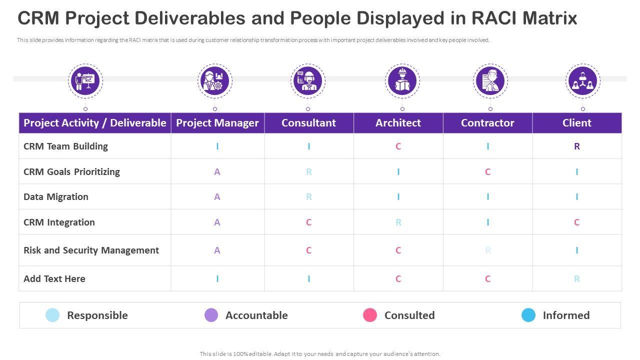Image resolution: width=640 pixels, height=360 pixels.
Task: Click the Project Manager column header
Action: pyautogui.click(x=217, y=123)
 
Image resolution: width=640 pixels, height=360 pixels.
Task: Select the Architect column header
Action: pyautogui.click(x=398, y=123)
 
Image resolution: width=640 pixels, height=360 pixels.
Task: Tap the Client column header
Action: pyautogui.click(x=576, y=123)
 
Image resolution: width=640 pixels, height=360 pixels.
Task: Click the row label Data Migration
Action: pyautogui.click(x=56, y=197)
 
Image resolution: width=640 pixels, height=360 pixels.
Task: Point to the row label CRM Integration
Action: pyautogui.click(x=59, y=222)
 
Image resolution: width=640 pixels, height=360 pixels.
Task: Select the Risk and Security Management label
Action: pyautogui.click(x=91, y=250)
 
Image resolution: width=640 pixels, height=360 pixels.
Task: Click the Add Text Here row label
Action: pyautogui.click(x=54, y=279)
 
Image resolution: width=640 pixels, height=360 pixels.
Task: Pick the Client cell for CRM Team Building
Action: pyautogui.click(x=576, y=146)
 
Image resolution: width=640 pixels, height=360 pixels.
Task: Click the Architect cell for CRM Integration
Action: pyautogui.click(x=398, y=222)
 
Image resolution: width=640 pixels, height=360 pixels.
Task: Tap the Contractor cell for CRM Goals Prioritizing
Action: pyautogui.click(x=487, y=172)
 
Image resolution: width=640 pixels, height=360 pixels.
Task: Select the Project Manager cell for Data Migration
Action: pyautogui.click(x=217, y=197)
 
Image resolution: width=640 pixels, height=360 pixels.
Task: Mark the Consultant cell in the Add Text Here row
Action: pyautogui.click(x=308, y=279)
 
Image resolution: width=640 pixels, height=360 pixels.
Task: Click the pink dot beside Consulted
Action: pyautogui.click(x=370, y=315)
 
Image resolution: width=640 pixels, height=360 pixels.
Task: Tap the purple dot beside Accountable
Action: pyautogui.click(x=211, y=315)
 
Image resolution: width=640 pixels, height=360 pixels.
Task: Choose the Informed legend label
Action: pyautogui.click(x=566, y=315)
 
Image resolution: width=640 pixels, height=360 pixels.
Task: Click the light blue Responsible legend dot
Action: pyautogui.click(x=52, y=315)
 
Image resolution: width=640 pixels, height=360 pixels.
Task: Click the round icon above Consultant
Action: pyautogui.click(x=308, y=80)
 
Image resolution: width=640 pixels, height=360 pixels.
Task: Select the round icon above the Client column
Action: pyautogui.click(x=583, y=80)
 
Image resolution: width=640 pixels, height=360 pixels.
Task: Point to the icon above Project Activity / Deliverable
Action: pyautogui.click(x=85, y=80)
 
